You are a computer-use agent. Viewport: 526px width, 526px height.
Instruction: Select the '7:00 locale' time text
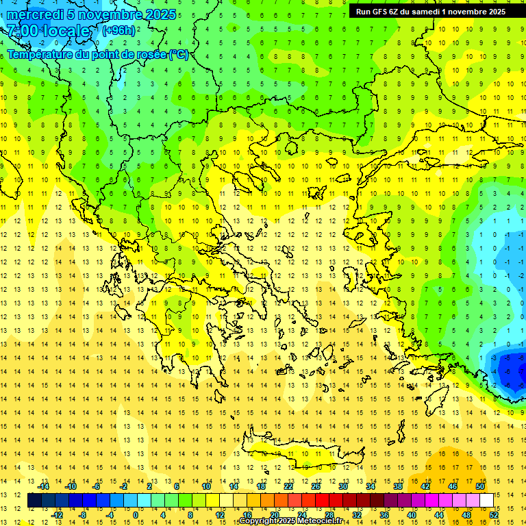[48, 31]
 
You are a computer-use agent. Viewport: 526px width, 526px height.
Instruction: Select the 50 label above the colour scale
[479, 486]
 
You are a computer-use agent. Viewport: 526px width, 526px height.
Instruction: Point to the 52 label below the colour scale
[493, 515]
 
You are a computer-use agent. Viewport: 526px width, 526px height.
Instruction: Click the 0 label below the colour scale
[136, 515]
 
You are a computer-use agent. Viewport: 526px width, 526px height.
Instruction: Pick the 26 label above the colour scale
[316, 486]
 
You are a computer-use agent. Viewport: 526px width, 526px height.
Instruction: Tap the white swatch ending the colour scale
[486, 501]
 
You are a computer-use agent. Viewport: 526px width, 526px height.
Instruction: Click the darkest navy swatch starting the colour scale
[35, 501]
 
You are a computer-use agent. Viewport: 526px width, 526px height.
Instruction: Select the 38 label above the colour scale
[398, 486]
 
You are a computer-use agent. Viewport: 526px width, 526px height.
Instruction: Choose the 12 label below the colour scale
[219, 515]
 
